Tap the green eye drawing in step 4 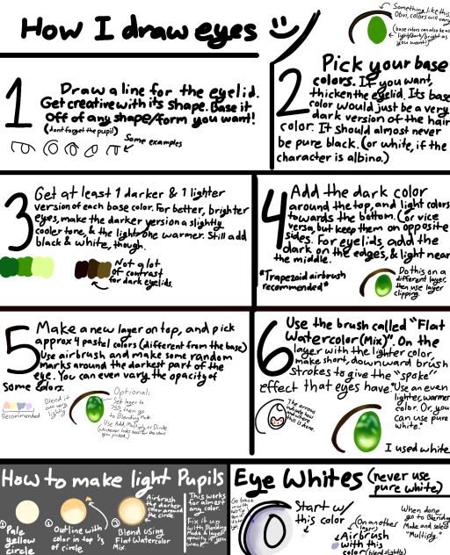[387, 283]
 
